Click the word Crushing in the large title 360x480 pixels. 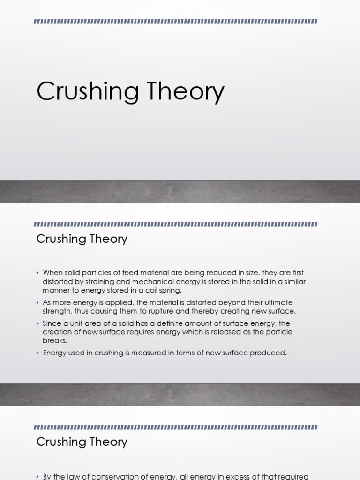pyautogui.click(x=87, y=91)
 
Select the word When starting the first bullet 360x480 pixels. pyautogui.click(x=52, y=273)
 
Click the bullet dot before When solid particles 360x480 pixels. pyautogui.click(x=38, y=273)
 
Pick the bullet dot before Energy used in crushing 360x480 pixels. pyautogui.click(x=38, y=353)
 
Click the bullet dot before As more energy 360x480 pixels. pyautogui.click(x=38, y=303)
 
